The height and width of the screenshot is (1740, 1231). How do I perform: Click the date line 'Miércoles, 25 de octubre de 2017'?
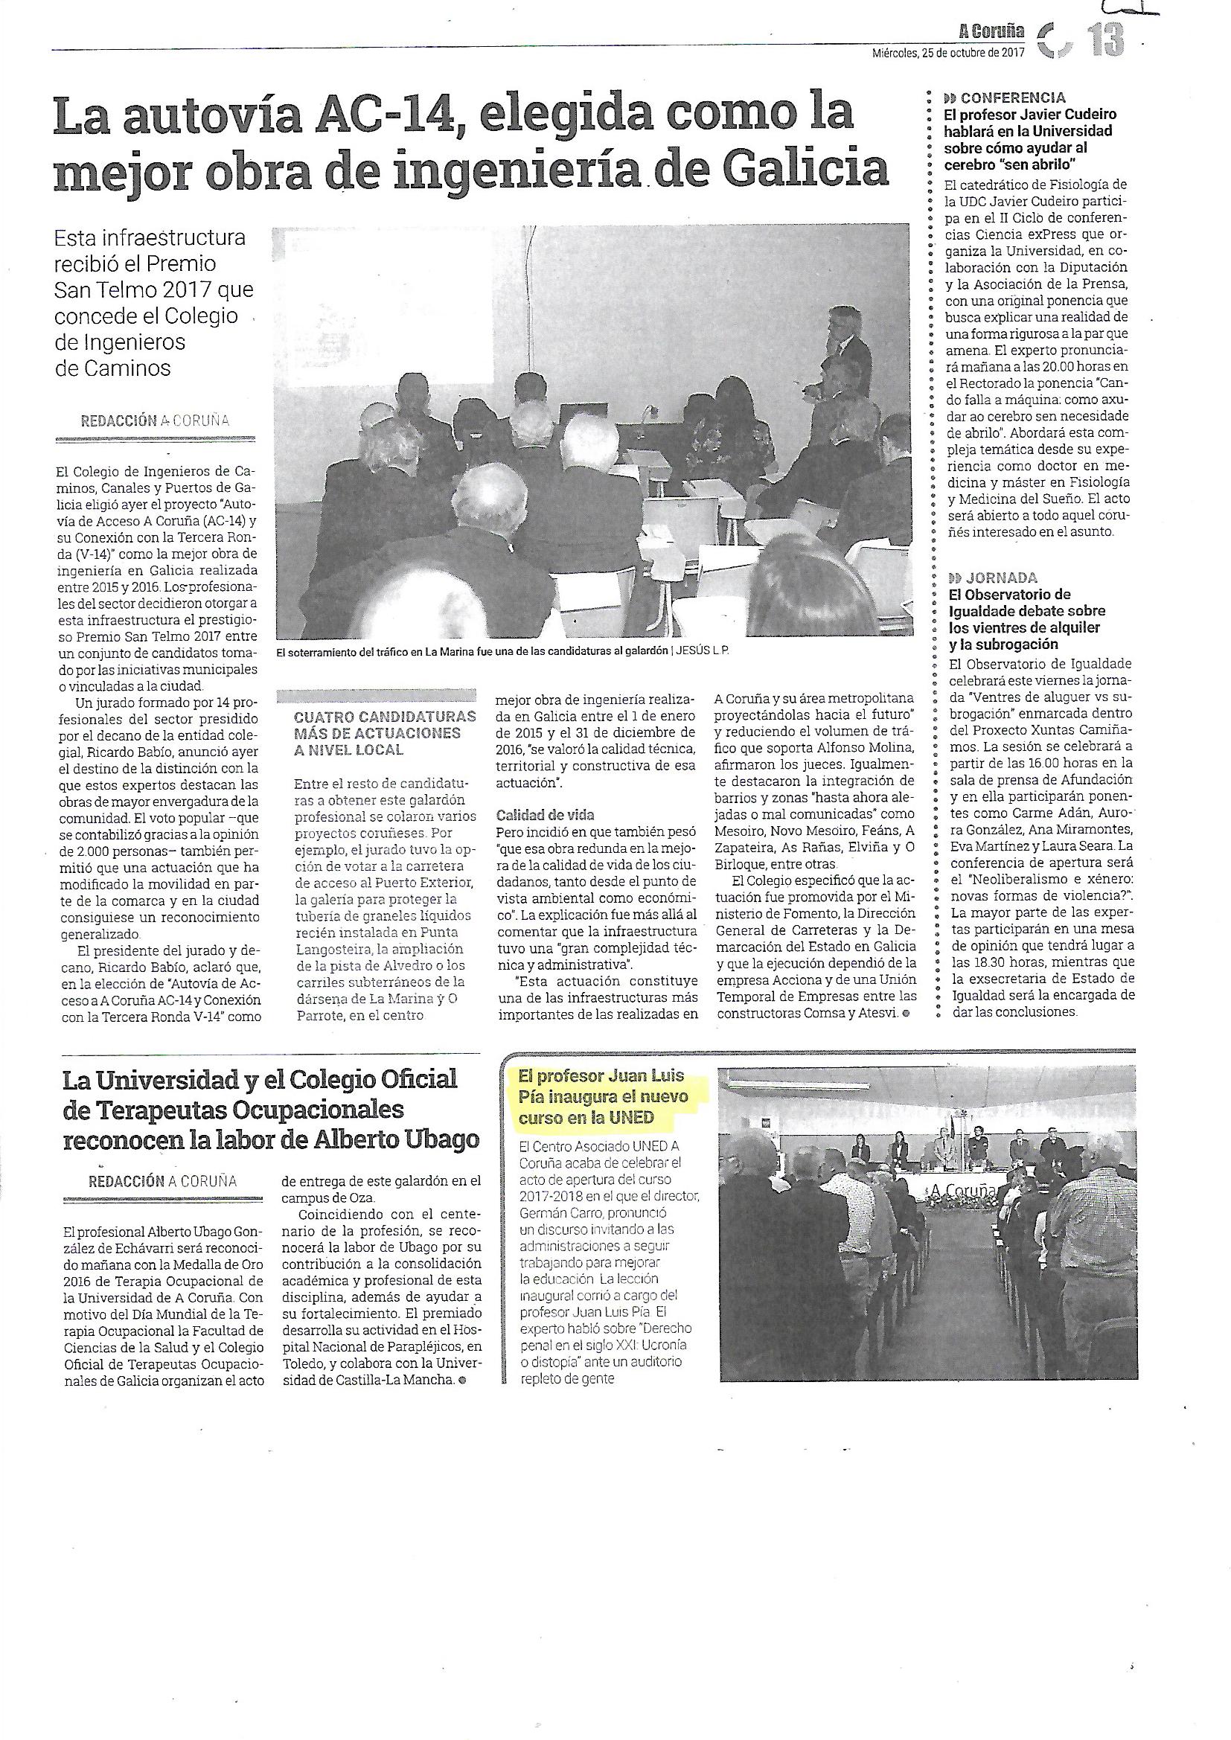pos(947,53)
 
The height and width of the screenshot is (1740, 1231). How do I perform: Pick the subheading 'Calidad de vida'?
pos(546,815)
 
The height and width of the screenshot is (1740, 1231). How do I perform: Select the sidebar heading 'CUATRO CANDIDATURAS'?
pos(384,716)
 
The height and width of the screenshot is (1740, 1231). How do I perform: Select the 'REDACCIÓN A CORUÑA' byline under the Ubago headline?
pos(162,1180)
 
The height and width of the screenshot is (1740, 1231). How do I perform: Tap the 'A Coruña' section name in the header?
pos(991,31)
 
